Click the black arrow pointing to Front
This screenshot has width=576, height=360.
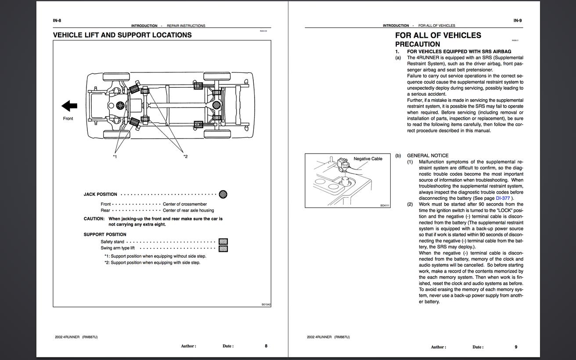(69, 106)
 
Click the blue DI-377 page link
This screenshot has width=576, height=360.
(503, 198)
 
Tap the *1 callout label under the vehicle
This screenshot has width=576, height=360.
(115, 157)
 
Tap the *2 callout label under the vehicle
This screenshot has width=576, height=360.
(185, 156)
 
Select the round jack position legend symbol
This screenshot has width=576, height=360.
(223, 194)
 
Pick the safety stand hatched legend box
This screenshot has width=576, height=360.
(223, 241)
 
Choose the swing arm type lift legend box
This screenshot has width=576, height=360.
(223, 248)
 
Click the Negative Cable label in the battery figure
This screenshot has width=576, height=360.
(368, 158)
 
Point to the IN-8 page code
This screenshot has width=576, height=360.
(57, 21)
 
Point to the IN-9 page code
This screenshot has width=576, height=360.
(518, 21)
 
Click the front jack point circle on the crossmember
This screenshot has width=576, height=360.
(120, 105)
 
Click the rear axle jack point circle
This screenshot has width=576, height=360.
(216, 105)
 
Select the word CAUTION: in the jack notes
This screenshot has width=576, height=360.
(94, 219)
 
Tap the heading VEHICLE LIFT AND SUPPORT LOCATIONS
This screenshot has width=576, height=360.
(122, 35)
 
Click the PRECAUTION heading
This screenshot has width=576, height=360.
(418, 44)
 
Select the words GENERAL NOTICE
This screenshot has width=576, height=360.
(428, 155)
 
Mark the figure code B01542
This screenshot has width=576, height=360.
(266, 305)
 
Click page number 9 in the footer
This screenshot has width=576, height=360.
(516, 347)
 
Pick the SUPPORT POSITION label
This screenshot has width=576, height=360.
(105, 234)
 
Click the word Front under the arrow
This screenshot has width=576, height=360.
(68, 119)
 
